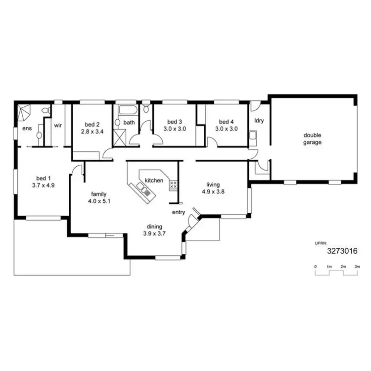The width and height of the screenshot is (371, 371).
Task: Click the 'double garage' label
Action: coord(313,139)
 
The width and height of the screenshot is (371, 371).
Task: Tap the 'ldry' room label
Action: coord(258,120)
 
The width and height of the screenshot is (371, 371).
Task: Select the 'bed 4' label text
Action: coord(226,122)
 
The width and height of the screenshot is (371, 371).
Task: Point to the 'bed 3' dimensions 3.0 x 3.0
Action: coord(175,129)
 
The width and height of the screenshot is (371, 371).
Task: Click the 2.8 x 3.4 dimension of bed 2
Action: coord(92,132)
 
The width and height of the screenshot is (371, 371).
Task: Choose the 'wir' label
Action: coord(57,125)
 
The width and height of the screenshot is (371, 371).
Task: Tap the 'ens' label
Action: coord(27,129)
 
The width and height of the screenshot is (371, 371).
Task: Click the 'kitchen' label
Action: coord(154,181)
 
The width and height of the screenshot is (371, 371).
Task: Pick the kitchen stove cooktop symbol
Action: coord(173,185)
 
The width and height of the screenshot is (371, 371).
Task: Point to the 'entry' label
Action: coord(178,212)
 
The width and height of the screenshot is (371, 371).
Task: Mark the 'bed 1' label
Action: coord(44,179)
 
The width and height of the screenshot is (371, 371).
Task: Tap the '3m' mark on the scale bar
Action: coord(357,267)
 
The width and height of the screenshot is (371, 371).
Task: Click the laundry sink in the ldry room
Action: coord(252,135)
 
